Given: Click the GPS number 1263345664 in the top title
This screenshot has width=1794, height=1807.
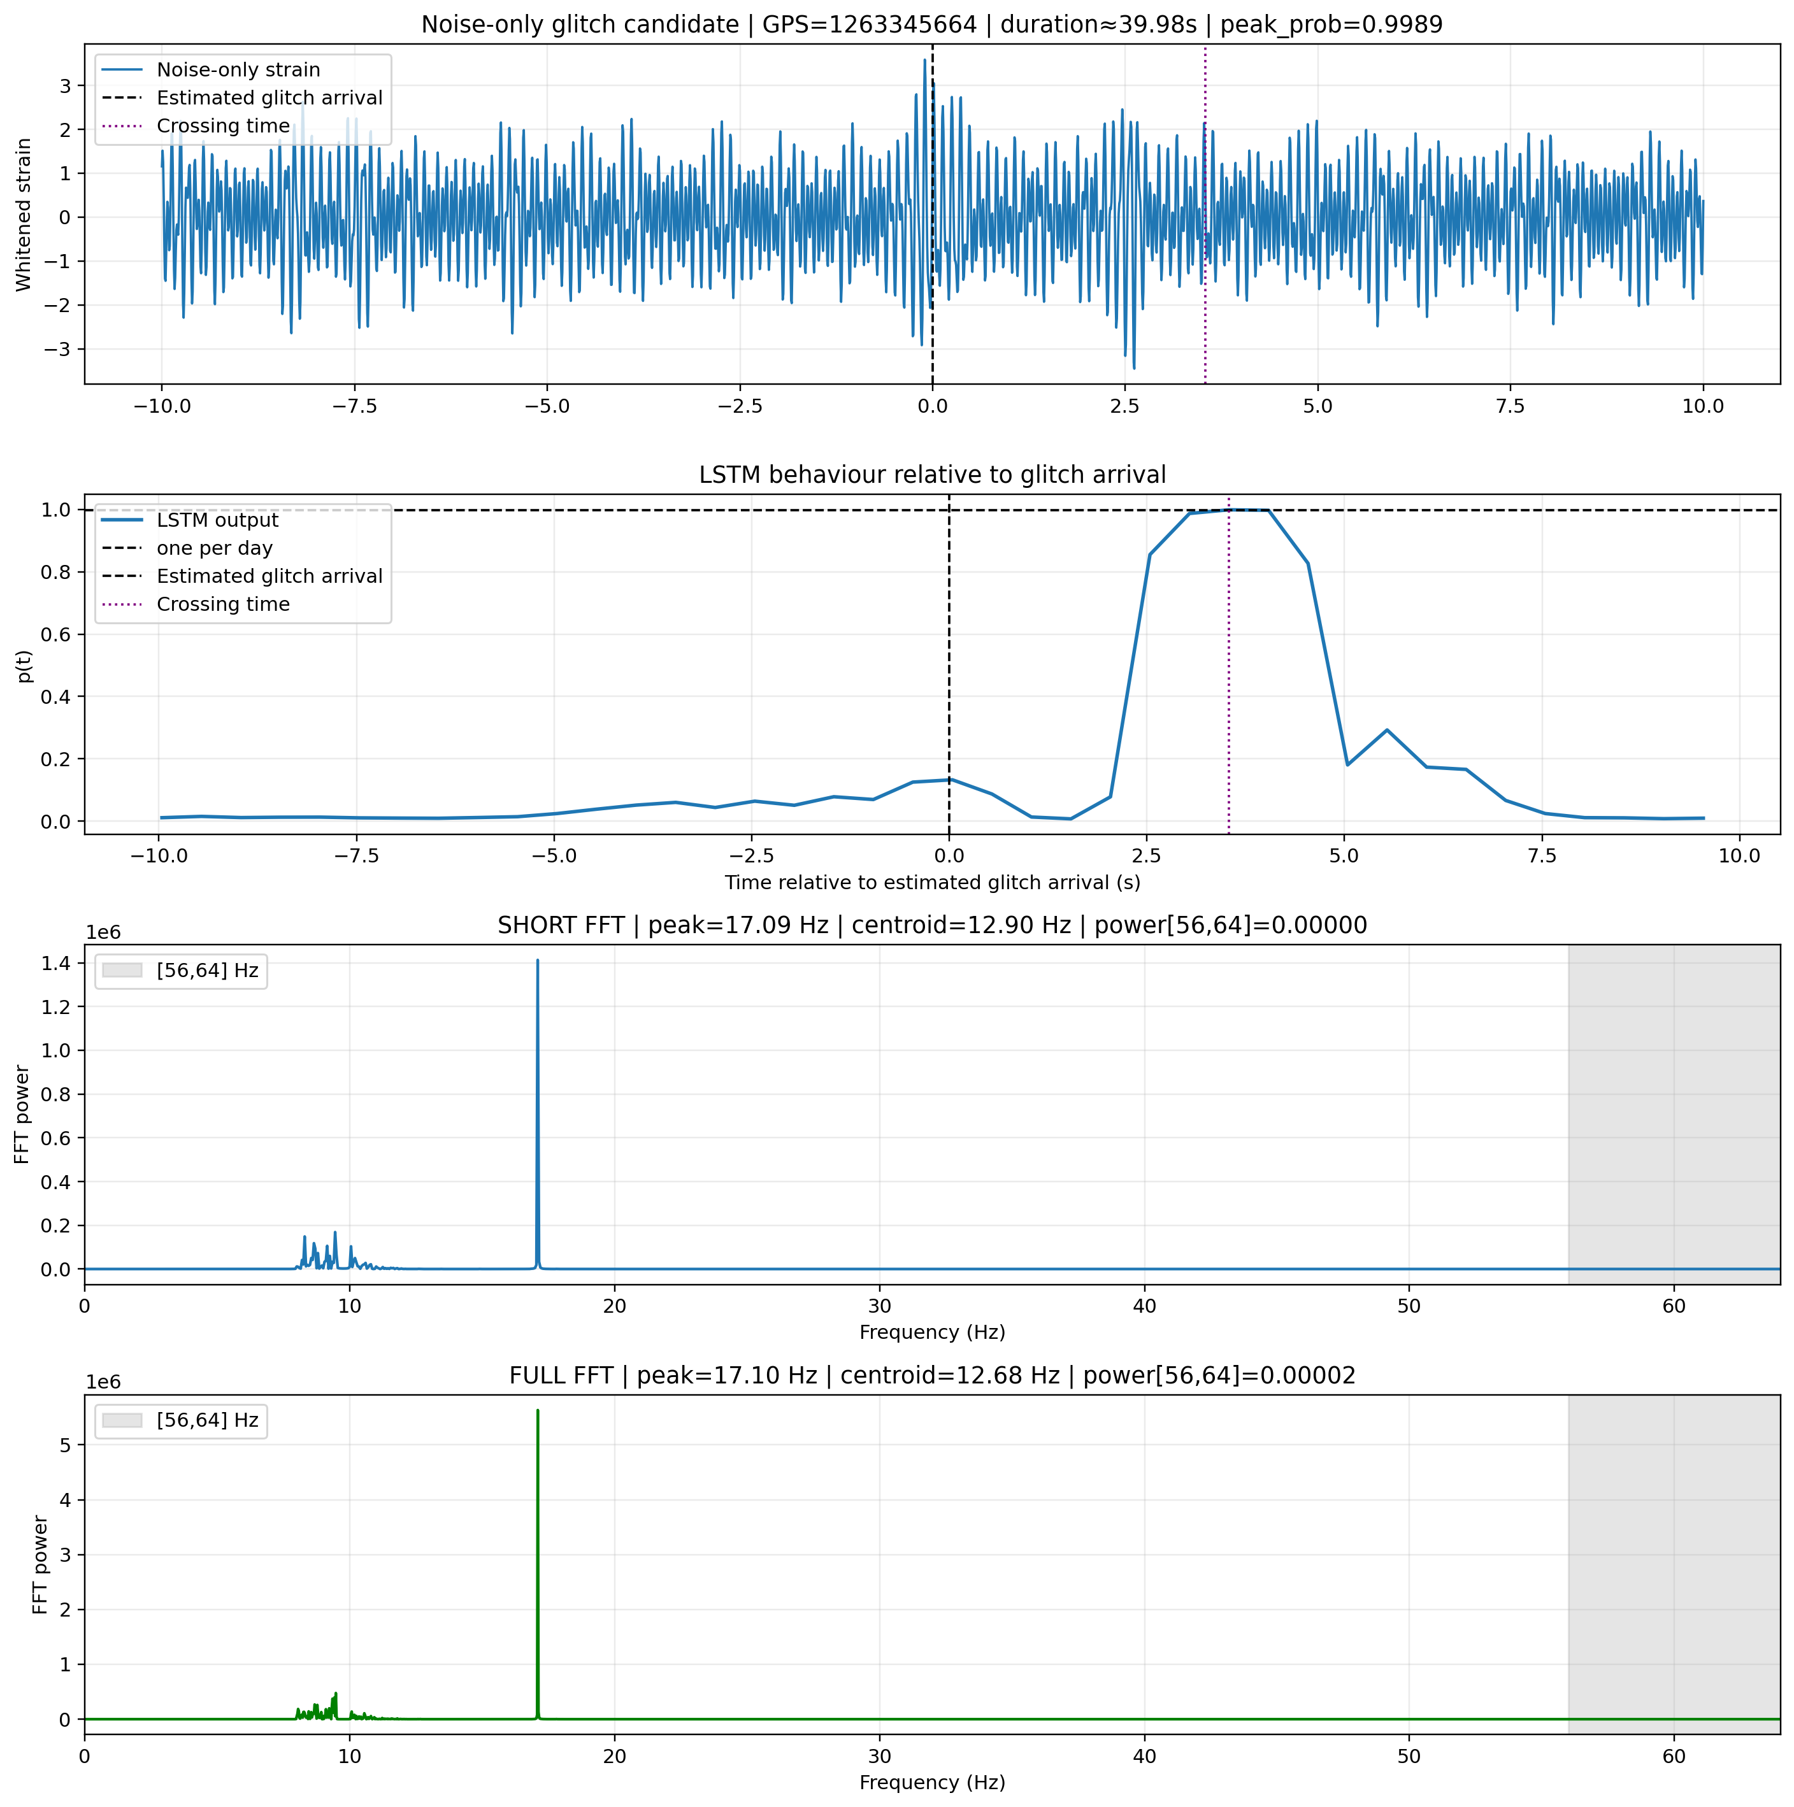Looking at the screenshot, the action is click(870, 24).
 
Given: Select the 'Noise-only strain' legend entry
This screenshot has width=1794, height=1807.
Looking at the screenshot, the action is click(238, 70).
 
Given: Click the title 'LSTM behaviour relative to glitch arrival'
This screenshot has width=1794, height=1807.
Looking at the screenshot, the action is click(933, 475).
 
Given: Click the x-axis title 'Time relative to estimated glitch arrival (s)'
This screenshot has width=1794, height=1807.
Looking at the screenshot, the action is click(933, 883).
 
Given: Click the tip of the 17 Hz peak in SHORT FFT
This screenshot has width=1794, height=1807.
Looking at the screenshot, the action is click(538, 960).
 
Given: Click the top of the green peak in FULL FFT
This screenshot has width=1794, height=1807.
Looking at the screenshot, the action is click(538, 1410).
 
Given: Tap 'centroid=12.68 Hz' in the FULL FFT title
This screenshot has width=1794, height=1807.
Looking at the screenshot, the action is click(951, 1376).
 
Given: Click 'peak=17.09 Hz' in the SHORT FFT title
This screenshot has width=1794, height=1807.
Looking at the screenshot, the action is click(738, 926).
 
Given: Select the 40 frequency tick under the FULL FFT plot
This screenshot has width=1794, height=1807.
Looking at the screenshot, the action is click(1144, 1757).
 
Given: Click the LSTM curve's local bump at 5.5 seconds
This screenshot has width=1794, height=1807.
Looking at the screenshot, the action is click(1387, 729).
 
